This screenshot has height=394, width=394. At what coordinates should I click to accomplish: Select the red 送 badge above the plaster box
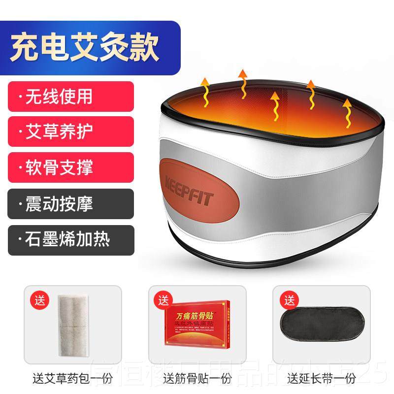(x=162, y=299)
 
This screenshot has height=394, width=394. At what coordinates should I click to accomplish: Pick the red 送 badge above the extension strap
(x=286, y=299)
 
